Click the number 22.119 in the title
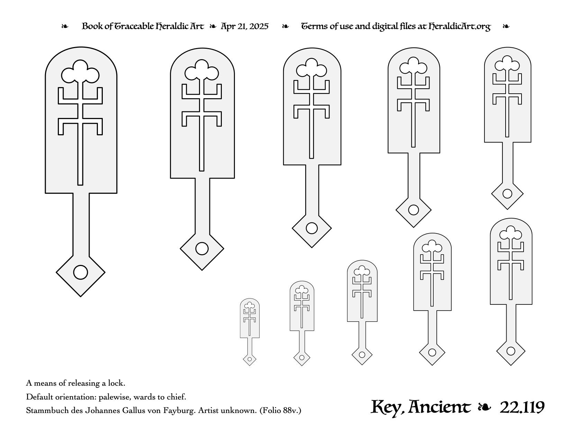pyautogui.click(x=522, y=408)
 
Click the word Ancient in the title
pyautogui.click(x=439, y=407)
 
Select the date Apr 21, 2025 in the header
pyautogui.click(x=244, y=26)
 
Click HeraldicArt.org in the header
pyautogui.click(x=459, y=27)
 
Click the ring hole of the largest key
pyautogui.click(x=81, y=272)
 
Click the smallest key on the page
pyautogui.click(x=250, y=332)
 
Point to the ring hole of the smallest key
pyautogui.click(x=250, y=359)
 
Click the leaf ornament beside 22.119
pyautogui.click(x=484, y=407)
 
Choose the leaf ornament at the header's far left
pyautogui.click(x=65, y=26)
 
